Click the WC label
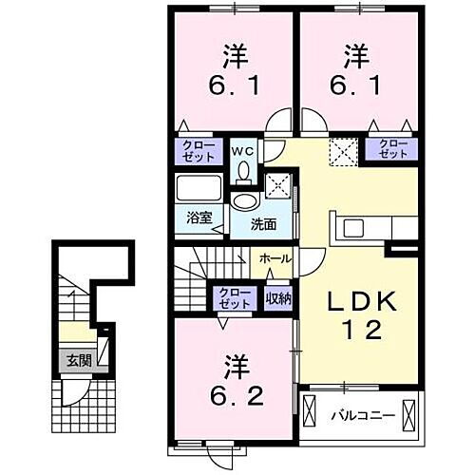point(241,150)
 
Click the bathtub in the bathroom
point(199,188)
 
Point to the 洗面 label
point(263,225)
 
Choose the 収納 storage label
point(277,298)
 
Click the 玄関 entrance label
point(78,360)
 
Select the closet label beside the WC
point(199,151)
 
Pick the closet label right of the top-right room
point(393,149)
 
